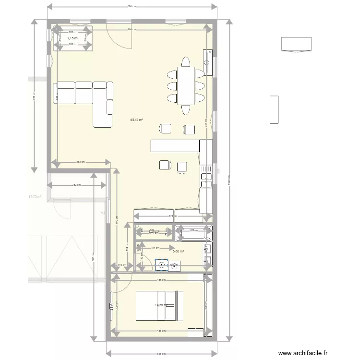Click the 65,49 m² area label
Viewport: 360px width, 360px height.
[x=137, y=120]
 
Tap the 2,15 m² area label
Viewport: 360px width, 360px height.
[x=72, y=38]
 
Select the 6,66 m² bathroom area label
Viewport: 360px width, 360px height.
[x=179, y=251]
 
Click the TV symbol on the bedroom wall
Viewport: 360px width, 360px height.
[x=111, y=305]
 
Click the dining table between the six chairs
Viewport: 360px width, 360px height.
[x=186, y=86]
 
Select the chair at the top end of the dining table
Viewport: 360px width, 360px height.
[x=186, y=61]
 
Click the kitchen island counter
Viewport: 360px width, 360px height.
[x=174, y=145]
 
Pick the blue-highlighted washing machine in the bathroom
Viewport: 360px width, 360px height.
[x=162, y=264]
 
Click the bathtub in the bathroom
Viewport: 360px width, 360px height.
[x=193, y=234]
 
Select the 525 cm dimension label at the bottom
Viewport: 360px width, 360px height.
[x=158, y=354]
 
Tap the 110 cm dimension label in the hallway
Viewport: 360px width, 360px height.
[x=122, y=265]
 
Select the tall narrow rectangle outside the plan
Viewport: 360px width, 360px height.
[x=274, y=109]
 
